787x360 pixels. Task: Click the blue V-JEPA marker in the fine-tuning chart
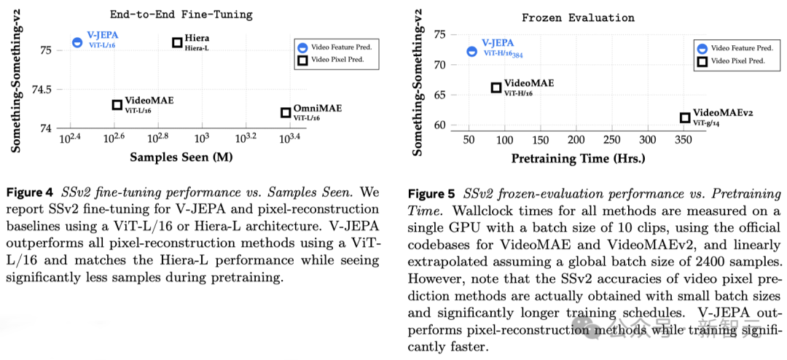click(x=77, y=42)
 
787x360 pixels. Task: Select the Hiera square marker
click(x=177, y=43)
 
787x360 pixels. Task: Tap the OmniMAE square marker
click(x=286, y=112)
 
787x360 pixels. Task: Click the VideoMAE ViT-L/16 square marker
click(x=117, y=105)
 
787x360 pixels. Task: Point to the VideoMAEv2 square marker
click(x=685, y=117)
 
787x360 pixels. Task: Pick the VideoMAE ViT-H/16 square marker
click(x=496, y=87)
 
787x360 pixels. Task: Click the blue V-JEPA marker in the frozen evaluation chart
click(x=471, y=51)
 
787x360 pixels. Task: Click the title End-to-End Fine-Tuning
click(x=182, y=13)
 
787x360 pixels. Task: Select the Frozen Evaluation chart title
click(x=579, y=17)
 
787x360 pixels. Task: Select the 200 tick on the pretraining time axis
click(x=576, y=140)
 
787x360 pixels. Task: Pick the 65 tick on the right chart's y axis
click(x=439, y=95)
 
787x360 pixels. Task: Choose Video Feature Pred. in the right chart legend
click(x=739, y=48)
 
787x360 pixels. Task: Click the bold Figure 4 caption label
click(x=29, y=193)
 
